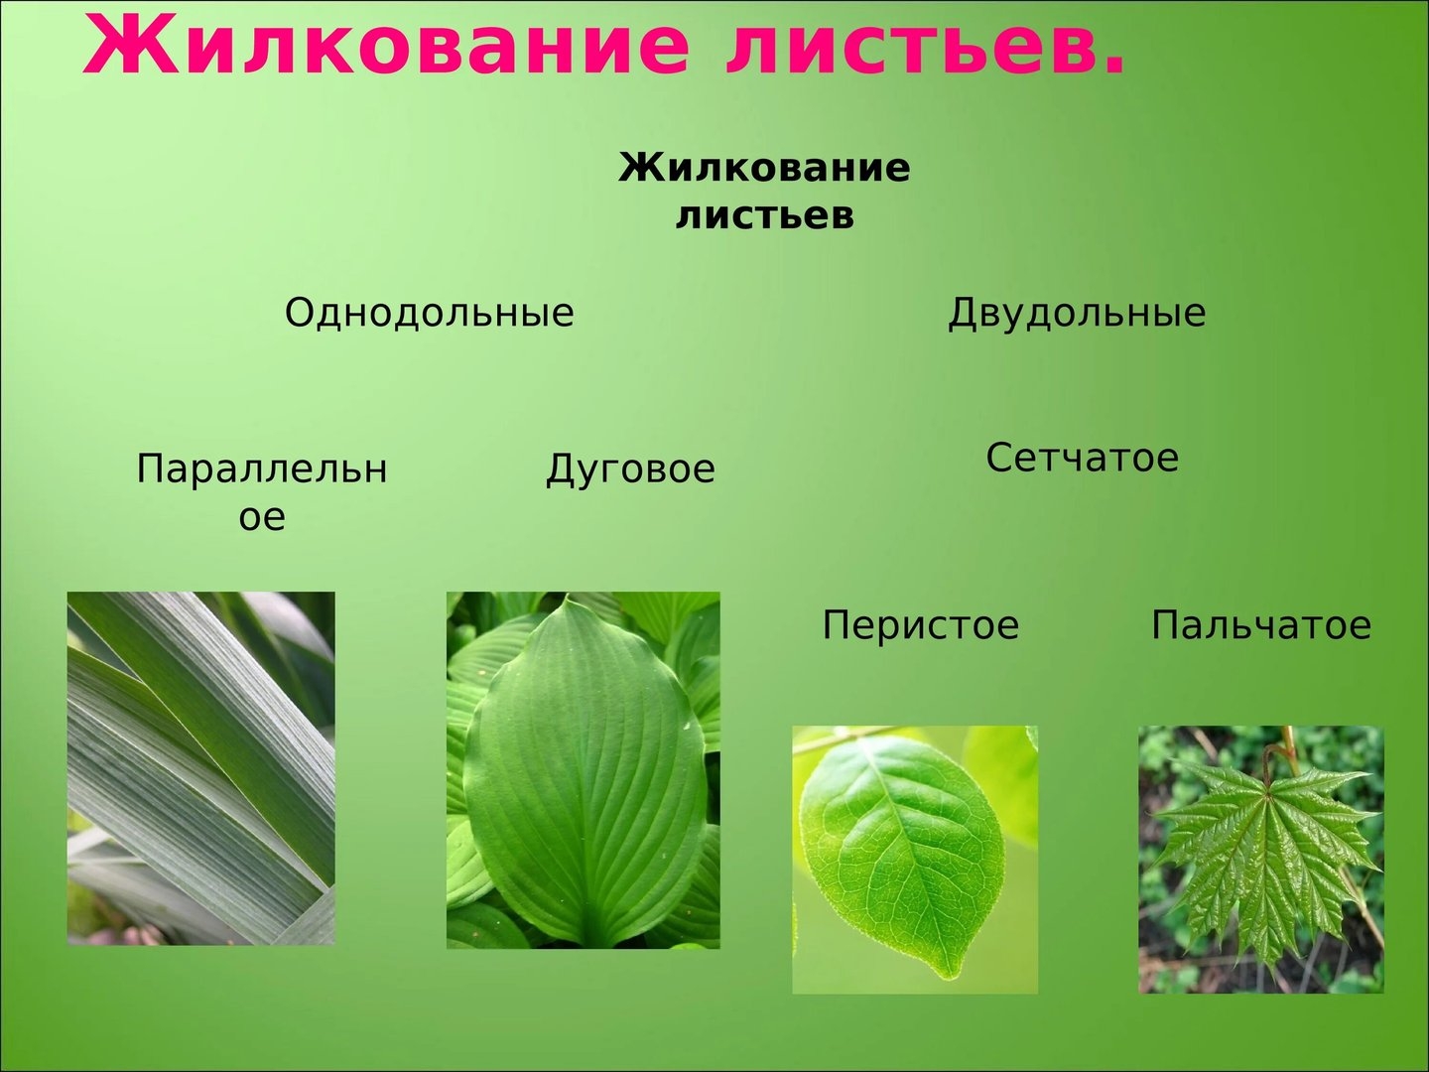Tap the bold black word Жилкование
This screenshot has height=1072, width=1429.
[764, 169]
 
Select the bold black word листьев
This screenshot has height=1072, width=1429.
[765, 215]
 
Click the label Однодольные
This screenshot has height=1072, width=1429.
[429, 313]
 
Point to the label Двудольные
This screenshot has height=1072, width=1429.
[1077, 314]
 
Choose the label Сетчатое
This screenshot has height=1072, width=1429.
[1082, 458]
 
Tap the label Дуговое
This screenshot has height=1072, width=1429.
[630, 469]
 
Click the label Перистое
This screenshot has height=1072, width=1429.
[921, 626]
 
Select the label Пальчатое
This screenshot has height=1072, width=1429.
[1261, 625]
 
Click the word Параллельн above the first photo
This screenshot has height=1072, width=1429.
[262, 469]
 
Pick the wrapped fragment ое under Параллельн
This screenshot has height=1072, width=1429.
[262, 518]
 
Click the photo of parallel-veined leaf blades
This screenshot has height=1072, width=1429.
[201, 768]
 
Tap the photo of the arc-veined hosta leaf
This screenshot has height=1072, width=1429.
[583, 770]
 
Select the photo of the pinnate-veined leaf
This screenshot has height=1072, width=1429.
[915, 860]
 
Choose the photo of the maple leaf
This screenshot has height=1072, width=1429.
[1261, 860]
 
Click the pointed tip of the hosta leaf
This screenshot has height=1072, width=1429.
[568, 601]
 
